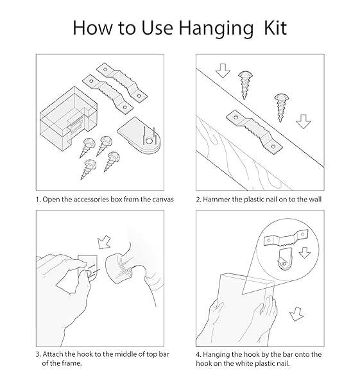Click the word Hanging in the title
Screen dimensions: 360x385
tap(216, 29)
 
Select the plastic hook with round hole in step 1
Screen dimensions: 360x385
tap(139, 135)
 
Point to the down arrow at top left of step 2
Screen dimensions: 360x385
tap(223, 71)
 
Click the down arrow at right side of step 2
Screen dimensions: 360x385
tap(304, 121)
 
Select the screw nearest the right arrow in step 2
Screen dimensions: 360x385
tap(281, 107)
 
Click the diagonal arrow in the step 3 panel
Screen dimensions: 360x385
tap(103, 242)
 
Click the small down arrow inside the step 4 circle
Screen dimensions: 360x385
tap(305, 253)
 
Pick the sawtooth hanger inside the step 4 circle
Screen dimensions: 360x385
tap(286, 238)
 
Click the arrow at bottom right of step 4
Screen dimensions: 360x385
tap(296, 314)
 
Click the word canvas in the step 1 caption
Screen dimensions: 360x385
tap(163, 200)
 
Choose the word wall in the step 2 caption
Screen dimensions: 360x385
tap(315, 199)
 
